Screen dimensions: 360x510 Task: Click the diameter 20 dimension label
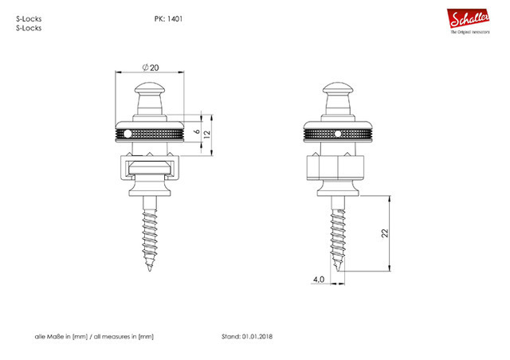point(149,67)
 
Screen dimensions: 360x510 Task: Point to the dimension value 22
point(386,233)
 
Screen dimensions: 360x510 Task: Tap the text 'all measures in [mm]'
point(124,337)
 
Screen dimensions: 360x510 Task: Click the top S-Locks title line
point(29,18)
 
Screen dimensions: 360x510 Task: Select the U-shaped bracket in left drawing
point(149,169)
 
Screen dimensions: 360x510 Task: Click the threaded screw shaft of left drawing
point(149,235)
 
